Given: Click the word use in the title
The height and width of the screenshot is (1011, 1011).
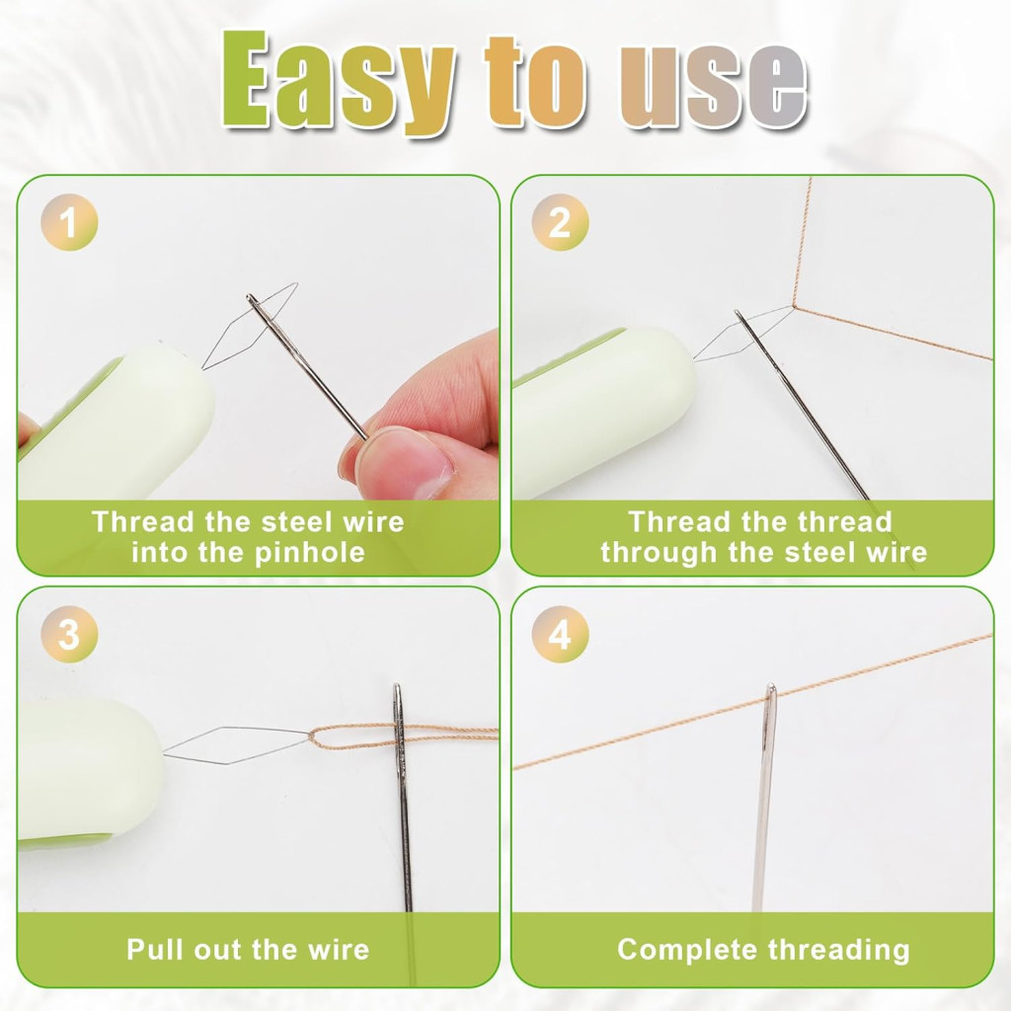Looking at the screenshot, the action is (713, 86).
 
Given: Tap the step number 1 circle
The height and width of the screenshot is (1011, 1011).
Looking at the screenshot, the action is (69, 222).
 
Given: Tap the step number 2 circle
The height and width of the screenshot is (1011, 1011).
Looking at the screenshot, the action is (560, 222).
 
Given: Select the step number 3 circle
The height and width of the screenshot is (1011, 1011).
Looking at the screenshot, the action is (69, 635).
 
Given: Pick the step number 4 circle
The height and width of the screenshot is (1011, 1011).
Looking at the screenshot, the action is (560, 635).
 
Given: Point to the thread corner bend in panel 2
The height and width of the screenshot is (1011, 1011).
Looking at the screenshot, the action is (794, 307).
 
